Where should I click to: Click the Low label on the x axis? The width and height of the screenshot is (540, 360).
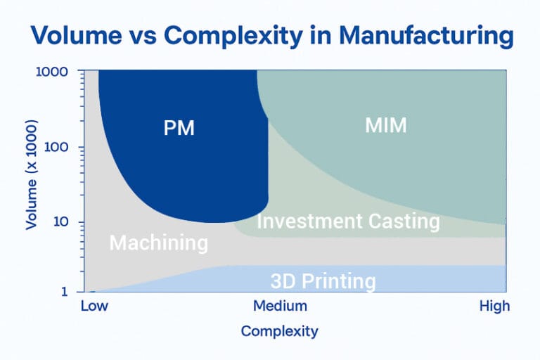[95, 307]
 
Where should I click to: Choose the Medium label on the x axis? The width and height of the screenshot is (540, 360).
[280, 307]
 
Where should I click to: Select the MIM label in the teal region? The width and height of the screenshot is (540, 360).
[386, 126]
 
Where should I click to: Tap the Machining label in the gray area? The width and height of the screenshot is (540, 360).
[159, 243]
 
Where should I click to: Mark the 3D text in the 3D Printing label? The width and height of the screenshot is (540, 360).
[283, 282]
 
